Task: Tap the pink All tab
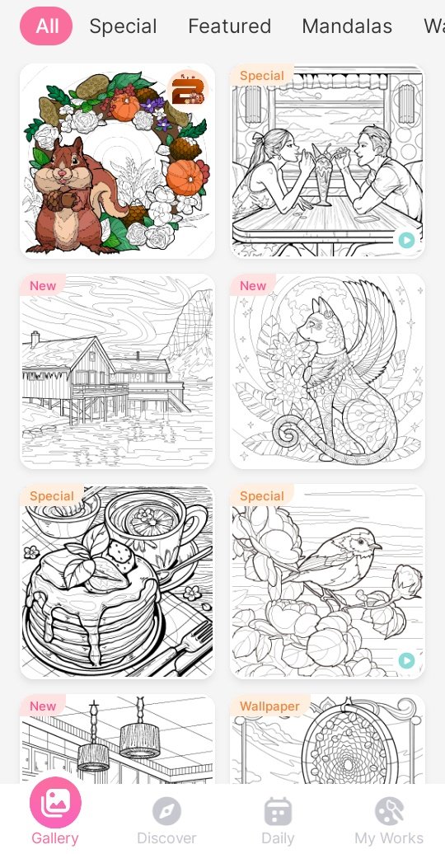pos(46,26)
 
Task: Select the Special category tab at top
pos(123,26)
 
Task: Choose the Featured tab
pos(229,26)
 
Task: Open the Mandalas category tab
pos(347,26)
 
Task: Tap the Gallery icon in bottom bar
pos(55,803)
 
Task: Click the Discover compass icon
pos(166,811)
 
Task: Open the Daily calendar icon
pos(278,811)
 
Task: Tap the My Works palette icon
pos(389,811)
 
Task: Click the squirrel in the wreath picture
pos(71,196)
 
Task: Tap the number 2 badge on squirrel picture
pos(187,89)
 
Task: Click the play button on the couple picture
pos(406,240)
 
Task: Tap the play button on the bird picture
pos(406,660)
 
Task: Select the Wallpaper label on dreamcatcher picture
pos(269,706)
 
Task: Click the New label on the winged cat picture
pos(253,285)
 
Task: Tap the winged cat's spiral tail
pos(288,433)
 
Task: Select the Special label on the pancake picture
pos(51,496)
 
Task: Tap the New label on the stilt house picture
pos(43,285)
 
